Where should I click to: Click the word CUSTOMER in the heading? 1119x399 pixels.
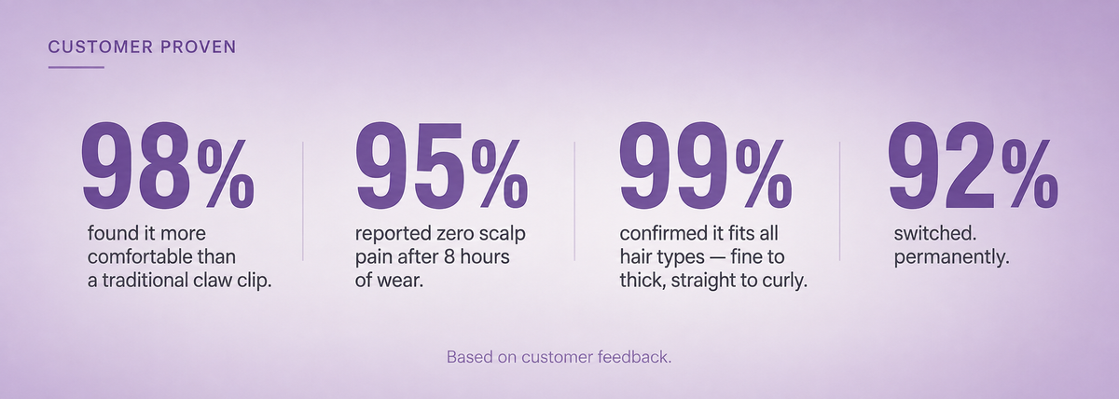click(101, 47)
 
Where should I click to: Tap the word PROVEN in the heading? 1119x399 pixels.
click(199, 47)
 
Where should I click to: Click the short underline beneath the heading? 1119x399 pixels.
click(76, 67)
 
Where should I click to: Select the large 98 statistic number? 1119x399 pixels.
click(136, 165)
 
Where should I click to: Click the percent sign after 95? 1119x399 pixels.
click(500, 172)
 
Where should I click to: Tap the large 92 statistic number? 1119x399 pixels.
click(943, 165)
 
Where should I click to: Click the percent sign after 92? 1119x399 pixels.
click(1030, 172)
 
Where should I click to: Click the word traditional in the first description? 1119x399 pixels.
click(149, 281)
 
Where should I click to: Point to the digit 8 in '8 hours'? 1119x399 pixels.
click(435, 256)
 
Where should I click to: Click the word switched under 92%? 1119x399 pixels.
click(932, 233)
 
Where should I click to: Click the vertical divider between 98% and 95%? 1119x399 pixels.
click(303, 201)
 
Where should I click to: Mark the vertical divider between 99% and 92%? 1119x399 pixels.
click(840, 201)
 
